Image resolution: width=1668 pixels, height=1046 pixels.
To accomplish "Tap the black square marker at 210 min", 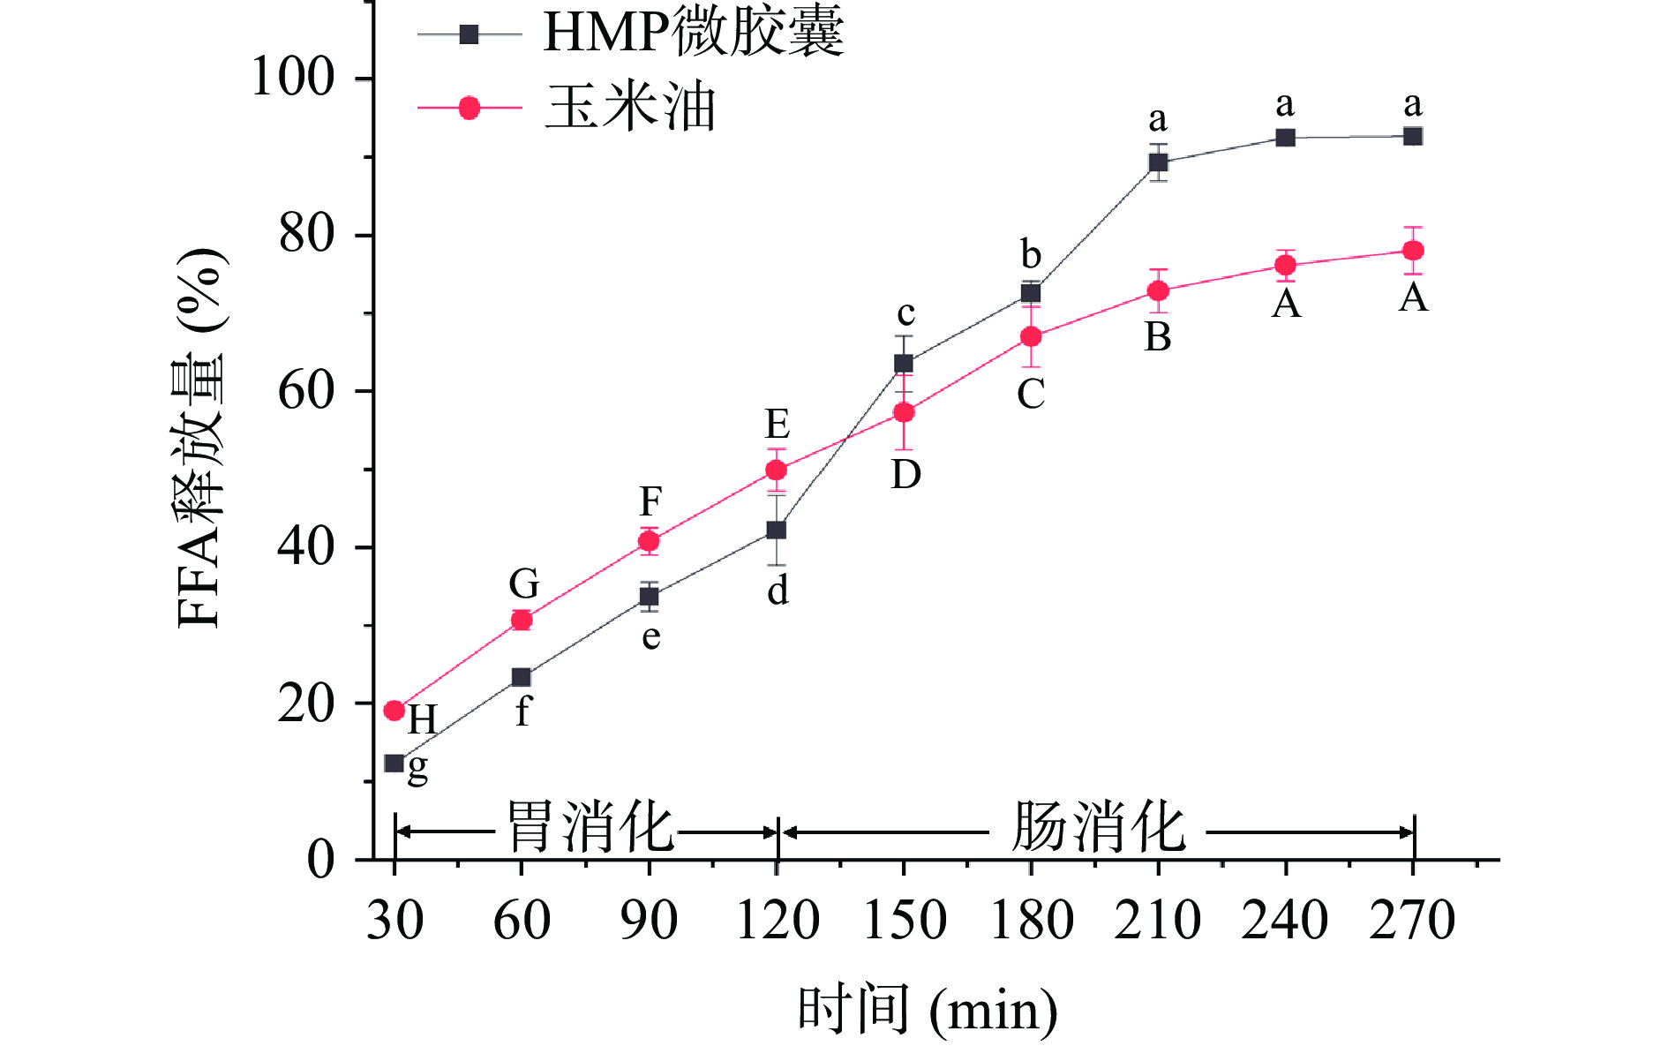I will click(x=1158, y=162).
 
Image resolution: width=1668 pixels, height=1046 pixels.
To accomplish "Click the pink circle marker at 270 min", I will click(x=1412, y=251).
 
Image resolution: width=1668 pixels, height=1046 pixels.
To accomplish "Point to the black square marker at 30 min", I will click(x=394, y=763).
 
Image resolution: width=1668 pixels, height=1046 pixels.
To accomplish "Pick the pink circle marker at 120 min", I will click(x=776, y=470).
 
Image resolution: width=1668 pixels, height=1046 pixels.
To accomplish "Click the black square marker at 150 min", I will click(x=904, y=364).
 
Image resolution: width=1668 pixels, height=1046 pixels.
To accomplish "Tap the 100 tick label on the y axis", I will click(x=293, y=78).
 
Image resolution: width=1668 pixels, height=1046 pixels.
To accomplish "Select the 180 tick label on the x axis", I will click(x=1031, y=920).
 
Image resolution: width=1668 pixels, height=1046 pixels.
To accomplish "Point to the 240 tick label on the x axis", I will click(x=1285, y=920).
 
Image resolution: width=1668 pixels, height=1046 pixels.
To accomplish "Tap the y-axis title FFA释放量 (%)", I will click(x=201, y=439).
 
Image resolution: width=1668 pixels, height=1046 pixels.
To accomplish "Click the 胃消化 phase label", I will click(x=590, y=828).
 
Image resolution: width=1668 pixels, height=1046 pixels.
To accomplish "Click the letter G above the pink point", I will click(x=523, y=583).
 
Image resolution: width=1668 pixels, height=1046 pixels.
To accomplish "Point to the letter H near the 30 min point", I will click(x=422, y=720).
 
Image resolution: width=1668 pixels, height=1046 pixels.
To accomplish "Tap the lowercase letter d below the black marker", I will click(x=778, y=591).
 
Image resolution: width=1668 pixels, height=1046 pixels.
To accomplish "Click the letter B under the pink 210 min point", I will click(x=1158, y=336).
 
